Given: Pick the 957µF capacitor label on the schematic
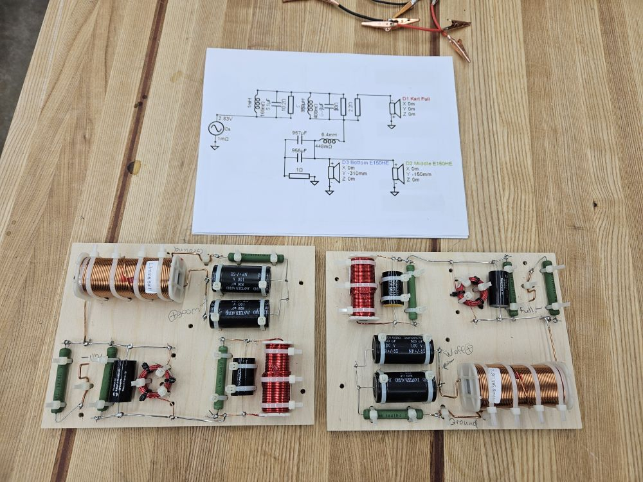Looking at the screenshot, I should click(300, 133).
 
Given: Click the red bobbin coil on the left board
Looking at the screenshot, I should click(277, 379).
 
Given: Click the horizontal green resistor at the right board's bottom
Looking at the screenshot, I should click(393, 414).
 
